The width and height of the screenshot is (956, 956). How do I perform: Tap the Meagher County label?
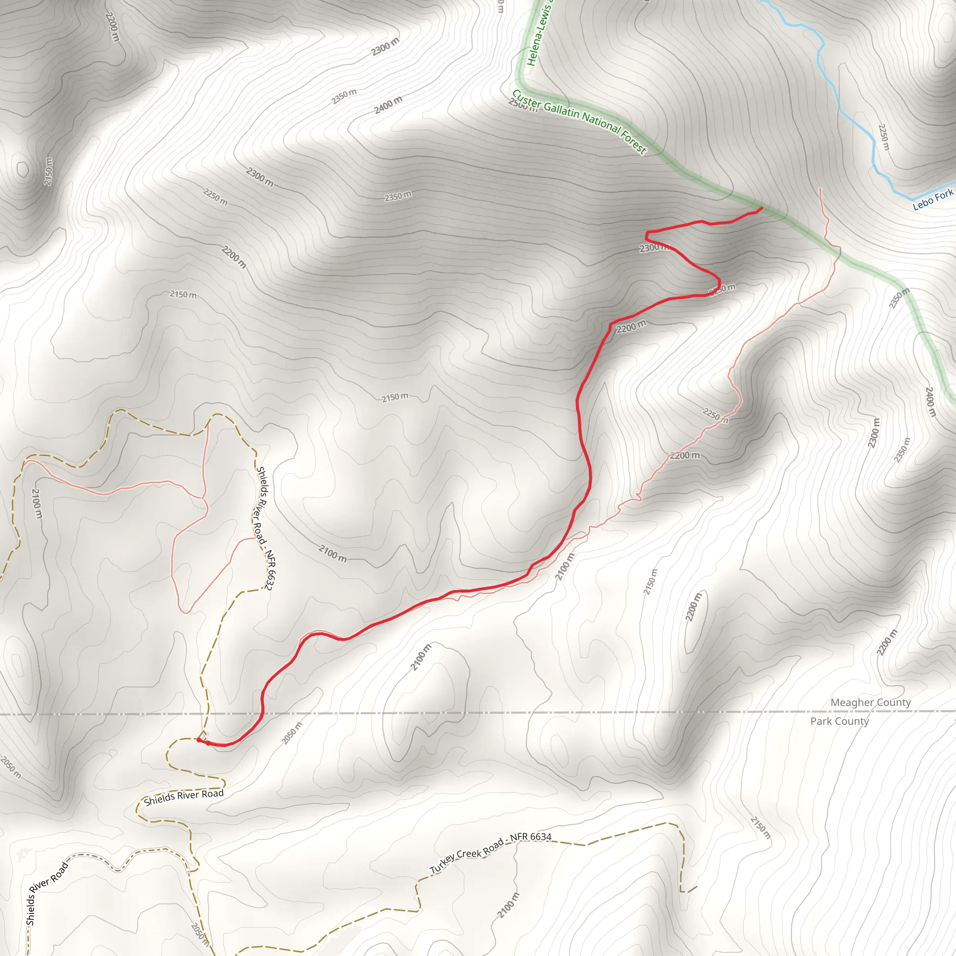click(871, 702)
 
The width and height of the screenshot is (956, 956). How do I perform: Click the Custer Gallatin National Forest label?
click(579, 121)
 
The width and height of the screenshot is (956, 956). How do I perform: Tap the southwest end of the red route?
click(198, 740)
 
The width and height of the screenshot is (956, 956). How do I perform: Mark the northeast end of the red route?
click(761, 208)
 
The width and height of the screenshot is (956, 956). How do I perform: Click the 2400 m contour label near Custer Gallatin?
click(388, 105)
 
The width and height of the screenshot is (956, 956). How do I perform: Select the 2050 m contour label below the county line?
click(291, 733)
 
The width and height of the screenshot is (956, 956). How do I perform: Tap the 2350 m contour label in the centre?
click(398, 197)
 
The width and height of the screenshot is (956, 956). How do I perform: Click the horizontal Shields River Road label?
click(183, 797)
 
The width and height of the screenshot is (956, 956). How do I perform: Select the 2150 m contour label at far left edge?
click(48, 171)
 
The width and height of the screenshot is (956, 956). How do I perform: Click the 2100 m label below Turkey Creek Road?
click(508, 905)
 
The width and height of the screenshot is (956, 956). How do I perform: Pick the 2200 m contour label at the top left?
click(113, 27)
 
